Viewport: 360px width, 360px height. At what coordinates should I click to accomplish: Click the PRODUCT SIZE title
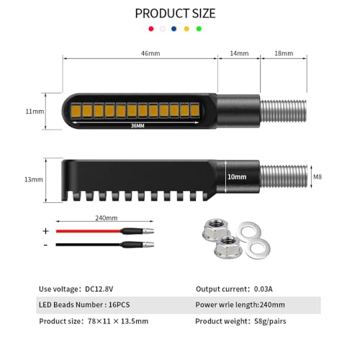tap(175, 14)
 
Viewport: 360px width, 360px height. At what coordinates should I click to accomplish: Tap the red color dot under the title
tap(151, 29)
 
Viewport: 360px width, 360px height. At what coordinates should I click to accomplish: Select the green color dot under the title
tap(199, 29)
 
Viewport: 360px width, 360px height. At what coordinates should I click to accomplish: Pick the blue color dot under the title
tap(174, 29)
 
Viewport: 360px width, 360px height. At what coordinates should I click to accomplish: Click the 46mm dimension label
tap(150, 53)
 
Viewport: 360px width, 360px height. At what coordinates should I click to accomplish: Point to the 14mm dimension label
tap(239, 53)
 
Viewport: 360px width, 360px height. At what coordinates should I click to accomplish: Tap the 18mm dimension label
tap(284, 53)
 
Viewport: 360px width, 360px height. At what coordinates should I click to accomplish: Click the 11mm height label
tap(35, 112)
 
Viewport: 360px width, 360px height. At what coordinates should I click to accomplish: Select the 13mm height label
tap(34, 179)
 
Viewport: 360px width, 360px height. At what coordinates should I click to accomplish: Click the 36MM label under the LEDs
tap(138, 125)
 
